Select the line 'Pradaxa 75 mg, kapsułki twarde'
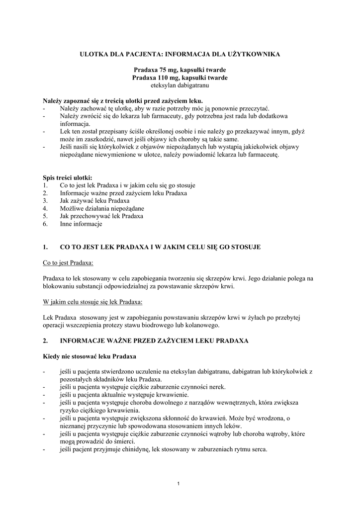pyautogui.click(x=180, y=71)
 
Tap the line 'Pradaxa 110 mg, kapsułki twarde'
pyautogui.click(x=180, y=78)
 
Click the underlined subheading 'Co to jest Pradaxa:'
pyautogui.click(x=68, y=262)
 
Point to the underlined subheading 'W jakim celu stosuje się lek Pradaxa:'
pyautogui.click(x=92, y=302)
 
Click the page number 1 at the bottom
pyautogui.click(x=180, y=484)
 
